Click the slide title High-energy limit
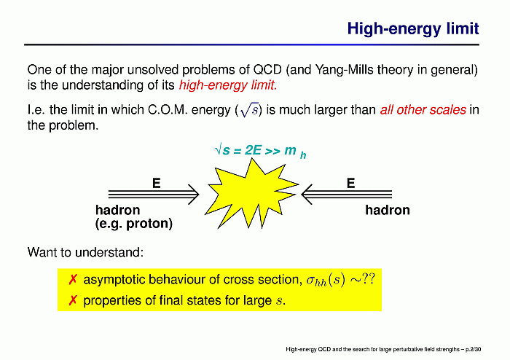tap(413, 28)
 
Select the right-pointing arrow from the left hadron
tap(154, 195)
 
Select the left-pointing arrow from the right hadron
tap(346, 195)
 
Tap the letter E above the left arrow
tap(157, 183)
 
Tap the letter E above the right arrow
tap(350, 183)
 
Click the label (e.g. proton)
tap(133, 224)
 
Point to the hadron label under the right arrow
tap(388, 210)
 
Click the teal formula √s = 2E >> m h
tap(261, 152)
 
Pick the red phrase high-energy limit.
tap(228, 85)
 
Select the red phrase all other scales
tap(423, 110)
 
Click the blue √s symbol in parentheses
tap(249, 111)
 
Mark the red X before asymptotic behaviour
tap(73, 279)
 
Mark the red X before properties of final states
tap(73, 300)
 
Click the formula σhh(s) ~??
tap(340, 280)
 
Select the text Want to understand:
tap(85, 252)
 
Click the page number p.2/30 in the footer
tap(473, 350)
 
